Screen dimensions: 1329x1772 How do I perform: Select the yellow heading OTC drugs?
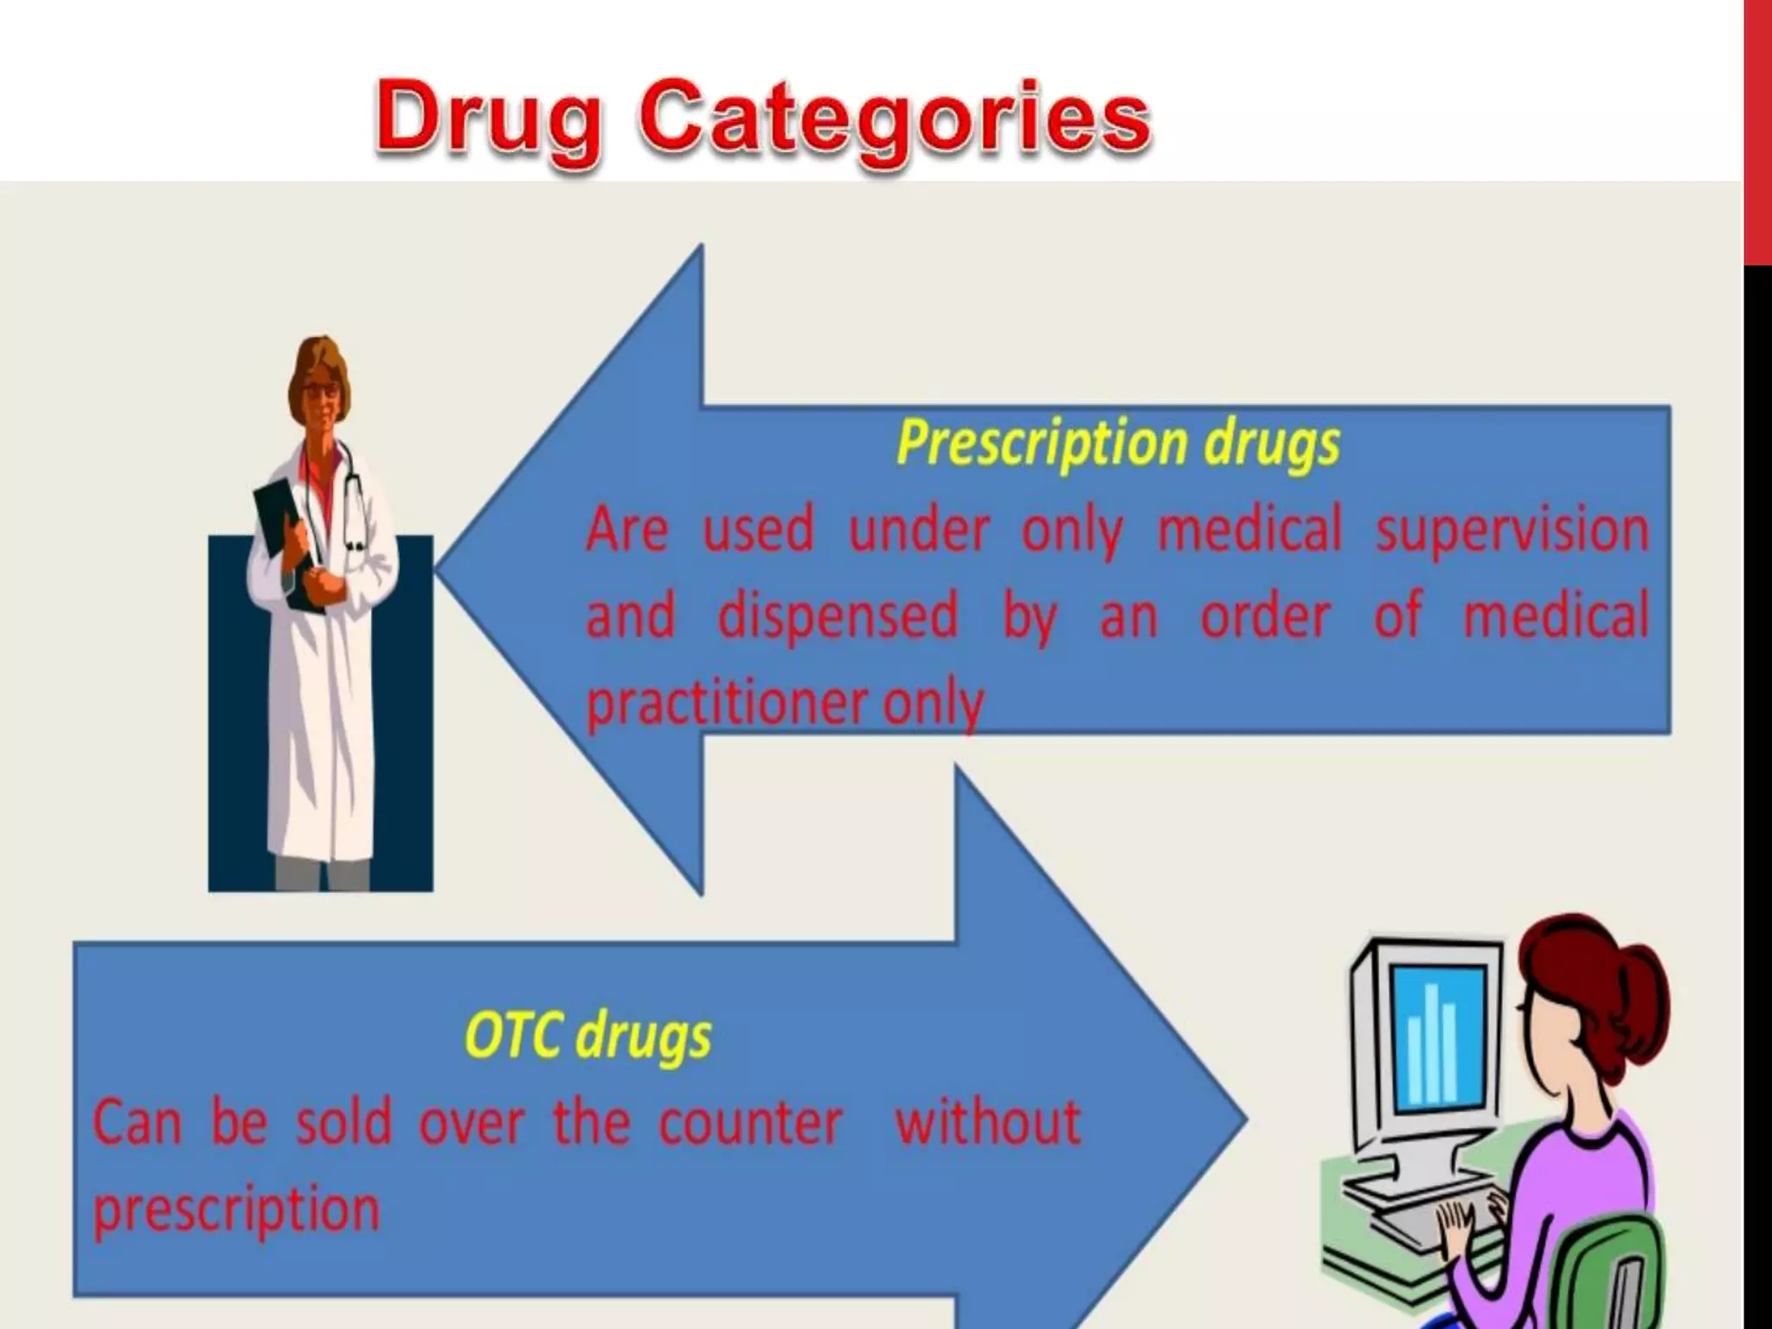[x=588, y=1036]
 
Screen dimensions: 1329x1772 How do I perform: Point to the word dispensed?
[x=838, y=616]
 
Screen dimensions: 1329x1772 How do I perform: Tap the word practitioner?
[x=725, y=703]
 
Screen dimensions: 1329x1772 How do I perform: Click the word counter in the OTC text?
[x=750, y=1123]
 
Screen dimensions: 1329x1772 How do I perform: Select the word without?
[x=988, y=1122]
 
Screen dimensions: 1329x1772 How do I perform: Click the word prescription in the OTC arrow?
[x=236, y=1210]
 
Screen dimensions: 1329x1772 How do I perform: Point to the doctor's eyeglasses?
[x=320, y=391]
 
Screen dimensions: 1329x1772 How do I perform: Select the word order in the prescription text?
[x=1265, y=616]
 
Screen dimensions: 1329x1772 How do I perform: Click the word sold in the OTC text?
[x=343, y=1123]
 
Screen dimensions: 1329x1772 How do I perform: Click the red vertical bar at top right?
[x=1758, y=130]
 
